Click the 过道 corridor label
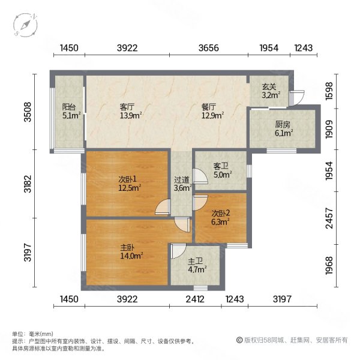click(182, 179)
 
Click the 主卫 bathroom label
click(196, 262)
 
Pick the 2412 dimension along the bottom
click(196, 299)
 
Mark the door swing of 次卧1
click(161, 208)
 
